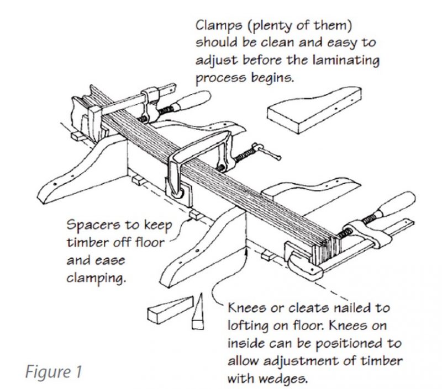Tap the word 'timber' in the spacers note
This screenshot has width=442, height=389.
coord(88,243)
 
